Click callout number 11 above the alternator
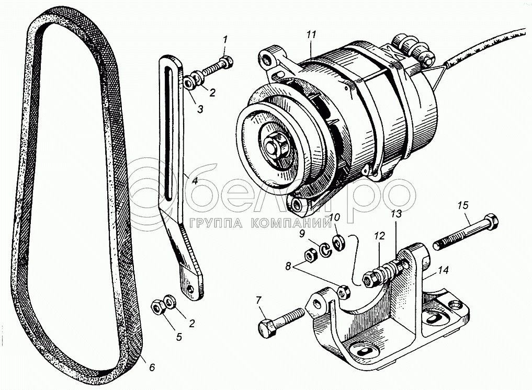pyautogui.click(x=311, y=35)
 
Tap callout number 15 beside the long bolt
pyautogui.click(x=462, y=205)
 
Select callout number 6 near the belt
pyautogui.click(x=152, y=367)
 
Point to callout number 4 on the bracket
pyautogui.click(x=195, y=180)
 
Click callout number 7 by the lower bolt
pyautogui.click(x=259, y=300)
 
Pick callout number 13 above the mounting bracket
pyautogui.click(x=397, y=213)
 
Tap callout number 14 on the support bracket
pyautogui.click(x=443, y=270)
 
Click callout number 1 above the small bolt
pyautogui.click(x=224, y=40)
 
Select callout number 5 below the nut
pyautogui.click(x=179, y=337)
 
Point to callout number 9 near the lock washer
pyautogui.click(x=302, y=234)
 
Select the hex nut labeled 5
pyautogui.click(x=158, y=306)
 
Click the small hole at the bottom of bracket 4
pyautogui.click(x=191, y=289)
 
